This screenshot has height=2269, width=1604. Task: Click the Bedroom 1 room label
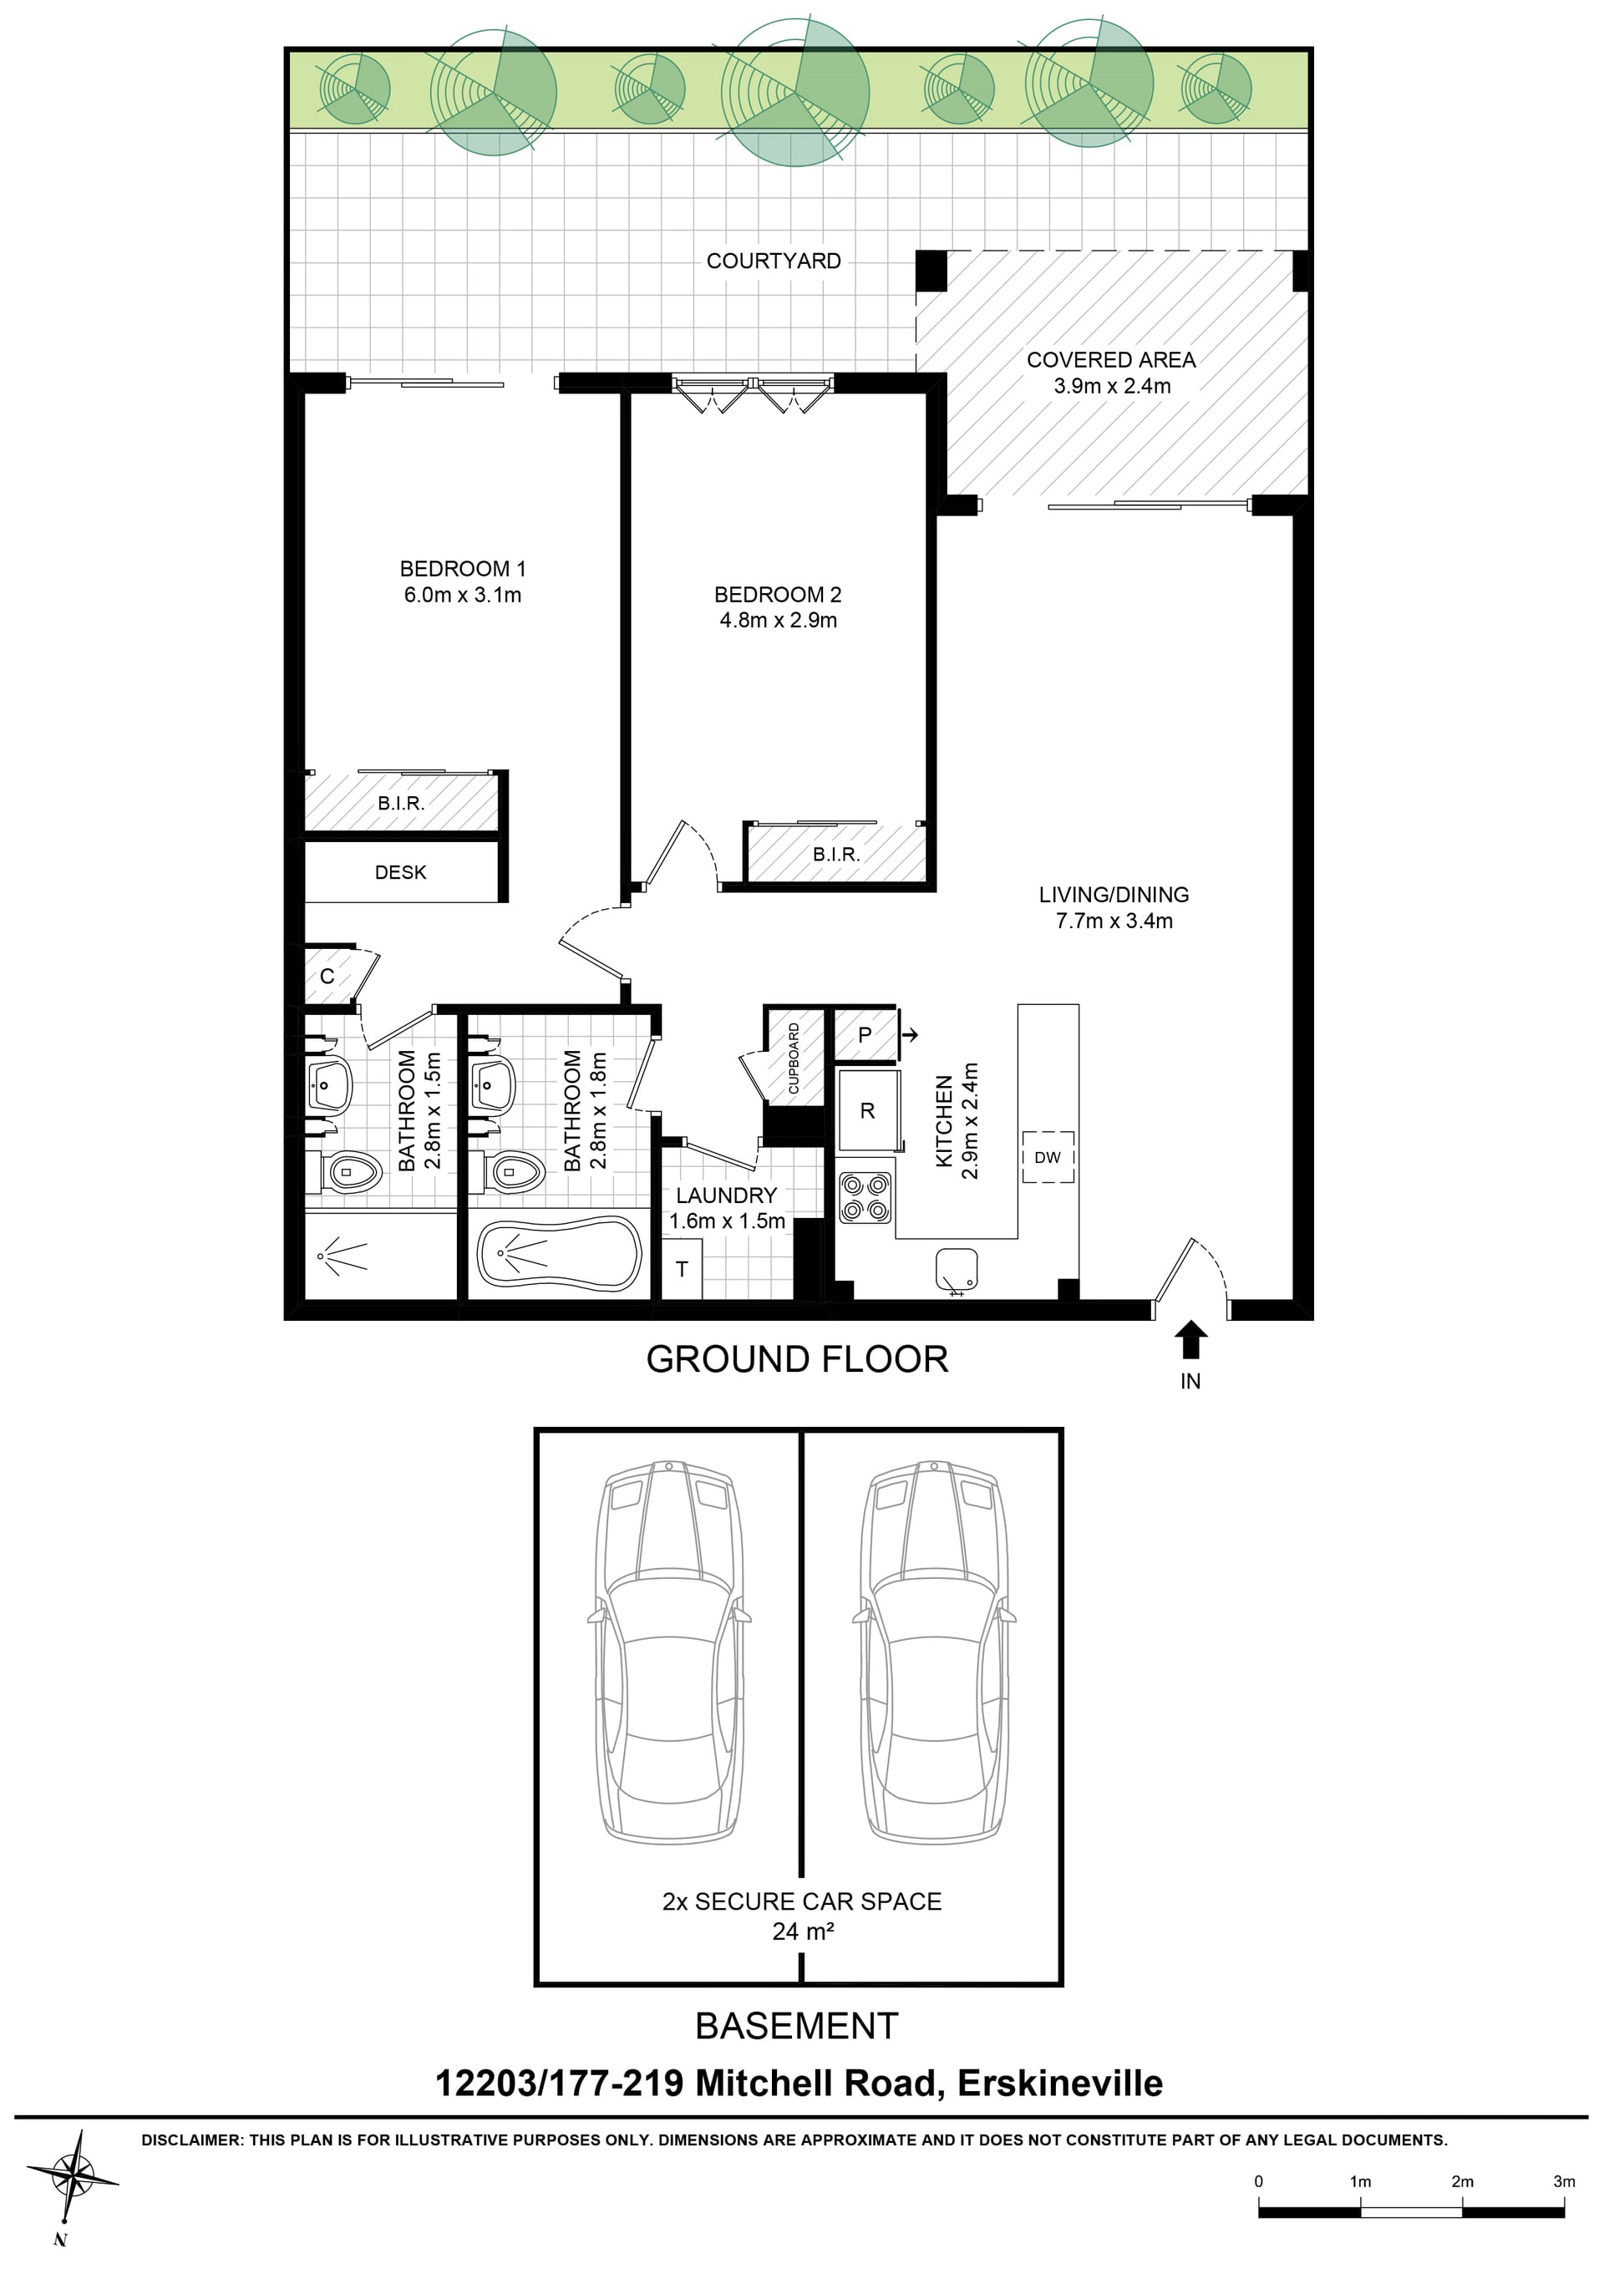point(463,568)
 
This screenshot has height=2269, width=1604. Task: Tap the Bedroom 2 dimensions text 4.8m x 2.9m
point(778,621)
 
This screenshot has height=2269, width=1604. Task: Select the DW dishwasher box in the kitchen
point(1048,1157)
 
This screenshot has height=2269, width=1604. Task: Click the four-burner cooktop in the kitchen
point(865,1198)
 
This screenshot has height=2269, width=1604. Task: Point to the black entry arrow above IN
point(1191,1339)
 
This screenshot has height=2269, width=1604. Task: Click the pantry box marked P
point(865,1035)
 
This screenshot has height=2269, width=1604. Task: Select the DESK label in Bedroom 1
point(400,873)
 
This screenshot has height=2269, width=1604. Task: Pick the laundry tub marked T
point(682,1269)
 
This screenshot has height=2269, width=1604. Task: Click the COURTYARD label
point(774,261)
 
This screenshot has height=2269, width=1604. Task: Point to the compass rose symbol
point(71,2176)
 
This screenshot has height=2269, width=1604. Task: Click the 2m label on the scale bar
point(1462,2181)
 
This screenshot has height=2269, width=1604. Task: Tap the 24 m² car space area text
point(803,1931)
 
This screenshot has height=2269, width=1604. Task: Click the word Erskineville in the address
point(1059,2084)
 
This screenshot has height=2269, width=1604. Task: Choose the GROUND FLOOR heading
point(796,1359)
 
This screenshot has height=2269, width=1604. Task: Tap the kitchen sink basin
point(956,1269)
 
